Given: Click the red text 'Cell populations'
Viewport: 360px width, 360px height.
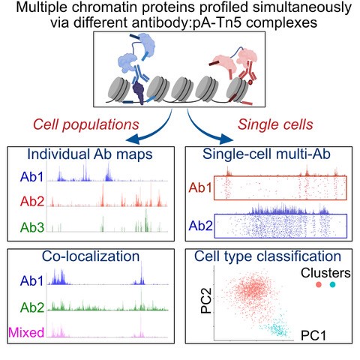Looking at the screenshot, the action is click(86, 124).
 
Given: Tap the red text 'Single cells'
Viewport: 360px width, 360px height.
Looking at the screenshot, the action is click(275, 124).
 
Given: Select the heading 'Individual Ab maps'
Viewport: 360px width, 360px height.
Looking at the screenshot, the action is click(90, 154).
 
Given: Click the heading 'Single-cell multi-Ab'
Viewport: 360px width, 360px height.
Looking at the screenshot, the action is click(266, 154).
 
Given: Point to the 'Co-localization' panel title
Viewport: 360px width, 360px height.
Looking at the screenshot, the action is click(91, 256).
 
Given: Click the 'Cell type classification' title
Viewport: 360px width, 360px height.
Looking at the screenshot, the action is click(268, 256).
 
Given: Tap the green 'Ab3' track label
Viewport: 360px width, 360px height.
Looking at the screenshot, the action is click(32, 227).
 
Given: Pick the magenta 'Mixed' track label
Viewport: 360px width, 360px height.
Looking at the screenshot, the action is click(26, 332).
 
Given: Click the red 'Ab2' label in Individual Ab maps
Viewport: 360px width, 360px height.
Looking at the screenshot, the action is click(32, 201).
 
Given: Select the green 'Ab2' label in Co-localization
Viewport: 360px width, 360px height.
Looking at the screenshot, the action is click(32, 307).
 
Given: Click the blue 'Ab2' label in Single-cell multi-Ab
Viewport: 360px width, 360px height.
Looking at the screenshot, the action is click(200, 226).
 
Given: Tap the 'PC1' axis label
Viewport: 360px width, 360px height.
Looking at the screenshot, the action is click(313, 335).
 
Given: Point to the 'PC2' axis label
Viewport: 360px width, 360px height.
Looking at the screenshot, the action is click(206, 301).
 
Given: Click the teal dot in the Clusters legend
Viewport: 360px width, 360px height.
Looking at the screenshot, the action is click(332, 284).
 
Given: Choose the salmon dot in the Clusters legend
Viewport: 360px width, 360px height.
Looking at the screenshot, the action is click(319, 284).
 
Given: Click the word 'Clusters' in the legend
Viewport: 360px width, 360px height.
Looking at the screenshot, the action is click(325, 273).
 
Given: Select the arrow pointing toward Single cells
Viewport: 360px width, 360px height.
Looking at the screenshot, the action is click(204, 133).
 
